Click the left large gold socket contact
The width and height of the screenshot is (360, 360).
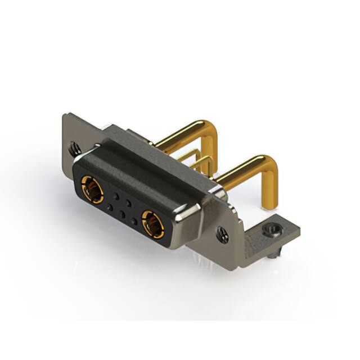92,189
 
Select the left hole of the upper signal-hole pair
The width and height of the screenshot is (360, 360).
116,196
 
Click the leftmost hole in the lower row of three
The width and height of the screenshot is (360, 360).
109,207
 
